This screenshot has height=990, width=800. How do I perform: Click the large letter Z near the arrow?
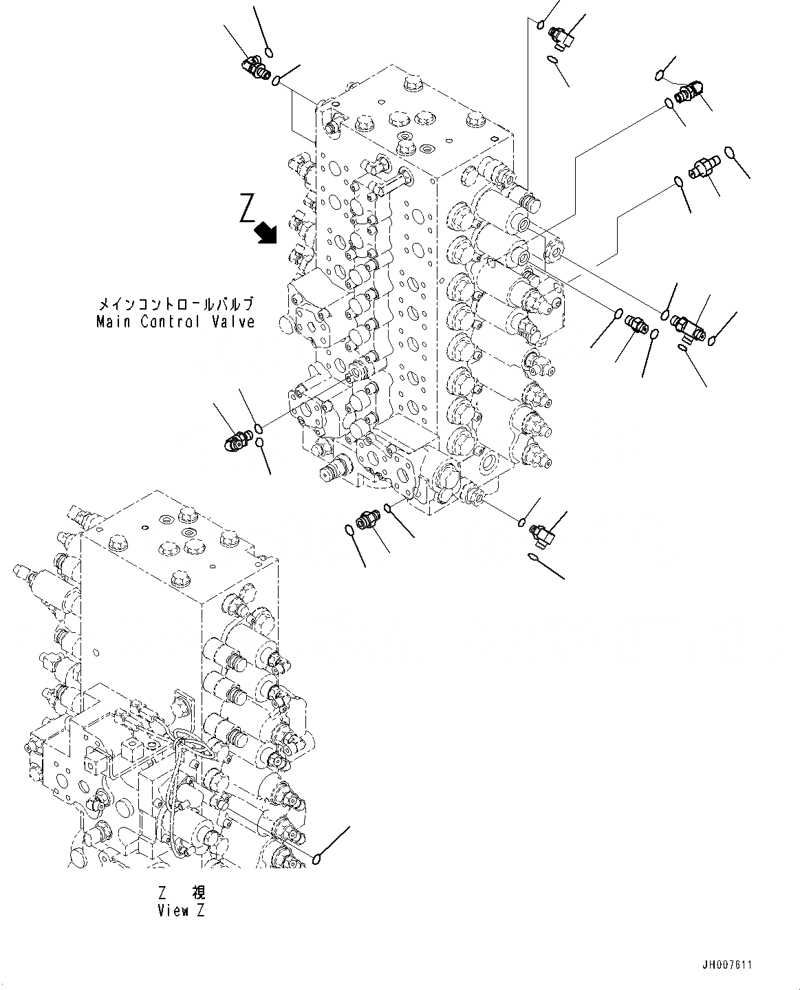coord(248,208)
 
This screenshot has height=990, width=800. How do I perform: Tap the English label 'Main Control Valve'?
coord(175,321)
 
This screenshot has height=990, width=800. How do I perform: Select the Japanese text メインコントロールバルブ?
coord(175,303)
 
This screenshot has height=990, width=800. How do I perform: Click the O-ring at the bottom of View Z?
coord(316,859)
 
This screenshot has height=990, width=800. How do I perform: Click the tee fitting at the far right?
coord(688,325)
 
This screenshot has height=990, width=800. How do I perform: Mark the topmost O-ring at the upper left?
coord(270,52)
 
